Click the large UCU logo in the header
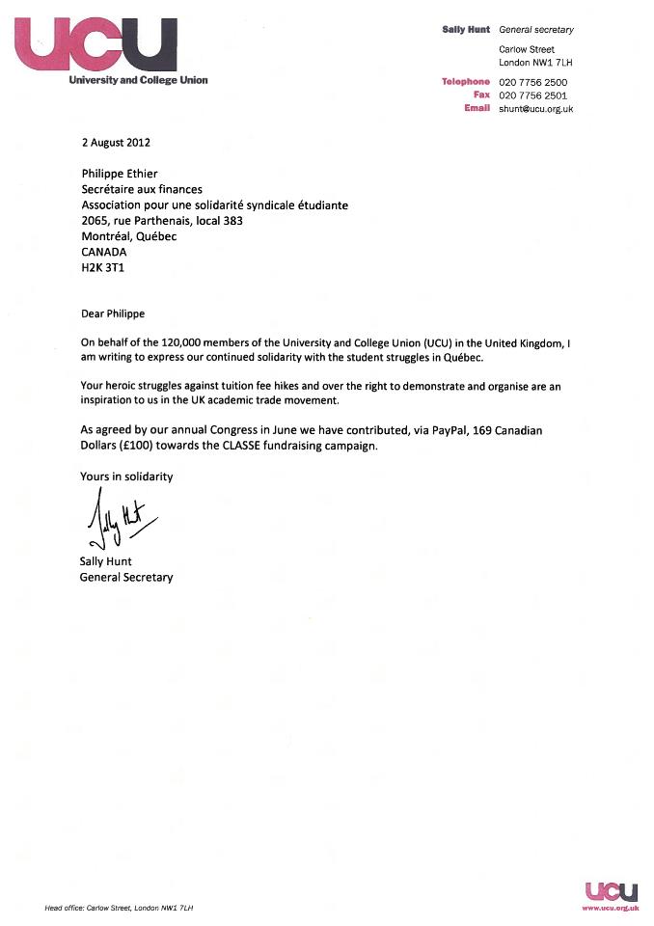pos(97,44)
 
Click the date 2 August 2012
pos(116,142)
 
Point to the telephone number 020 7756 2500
pos(532,82)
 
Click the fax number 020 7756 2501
pos(532,95)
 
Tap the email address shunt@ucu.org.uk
pos(536,109)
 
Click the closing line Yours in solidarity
pos(127,477)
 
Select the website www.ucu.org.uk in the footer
pos(610,908)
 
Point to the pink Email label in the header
pos(477,109)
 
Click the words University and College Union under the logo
pos(138,80)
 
